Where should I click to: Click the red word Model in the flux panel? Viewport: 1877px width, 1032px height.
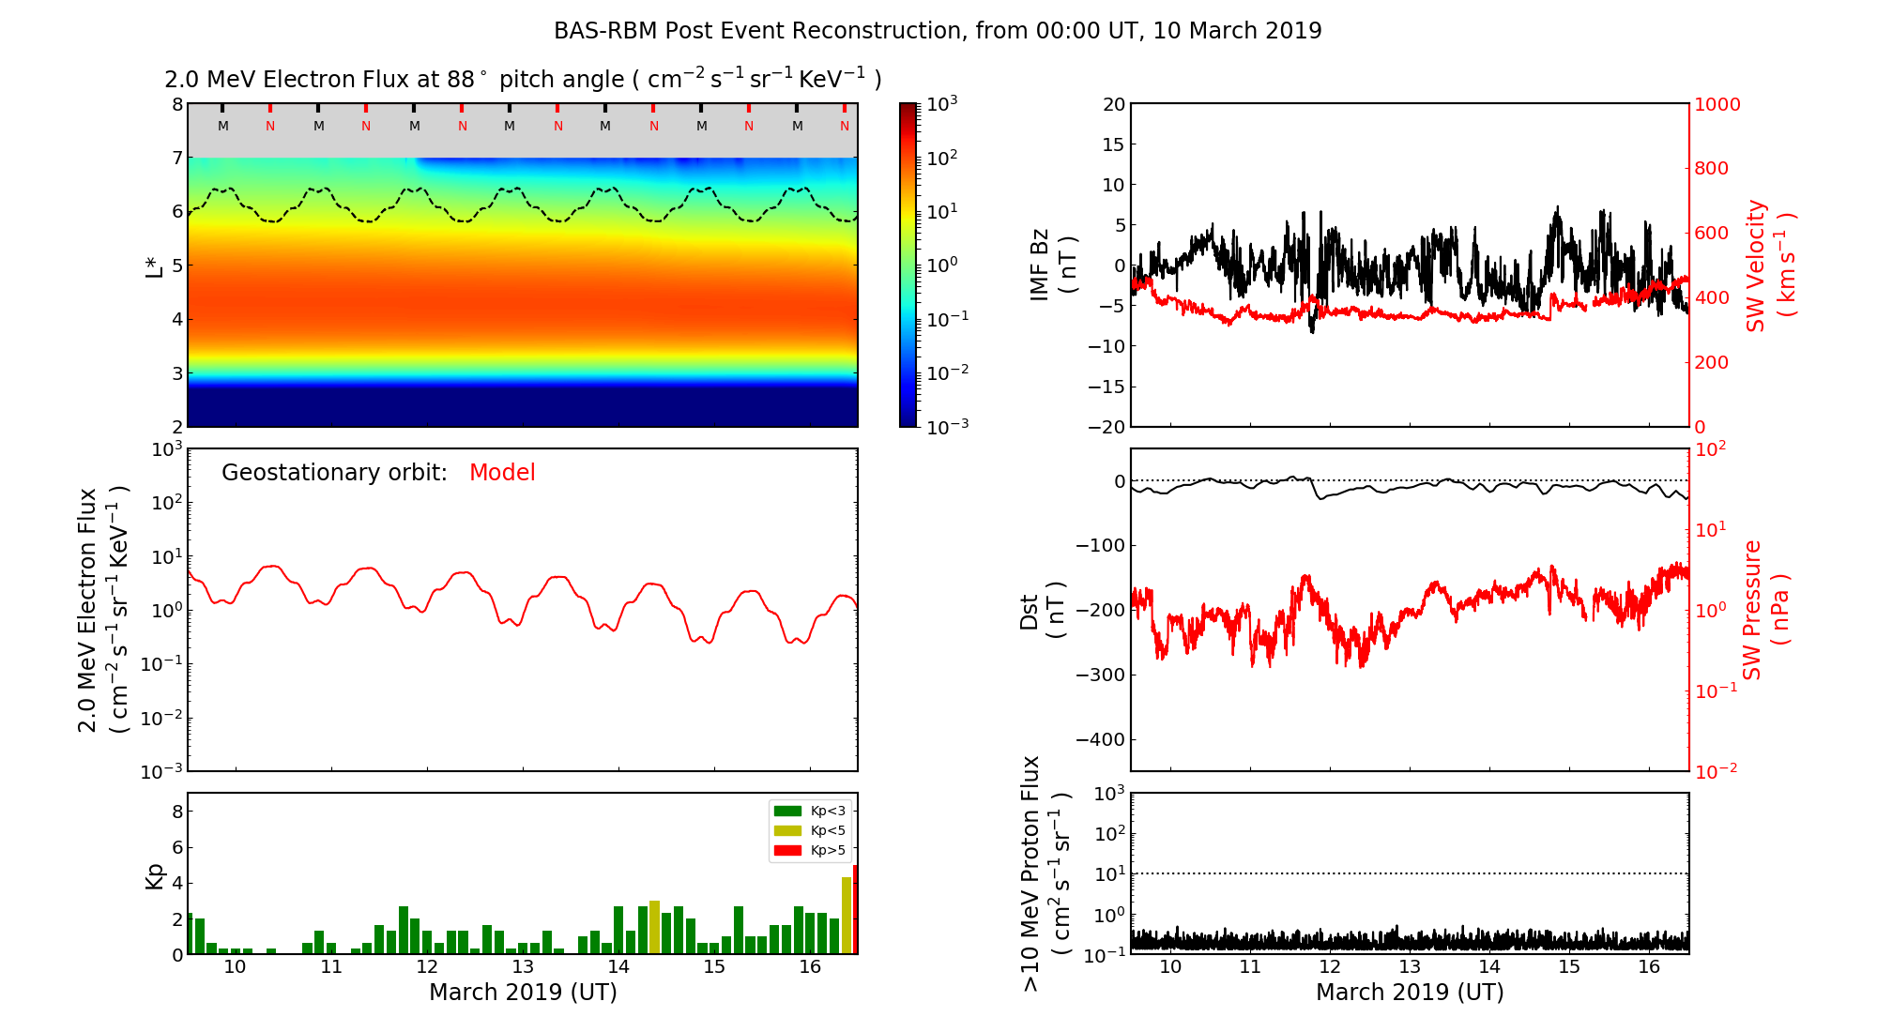(x=502, y=473)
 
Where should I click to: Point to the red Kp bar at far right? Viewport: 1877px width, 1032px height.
(x=855, y=909)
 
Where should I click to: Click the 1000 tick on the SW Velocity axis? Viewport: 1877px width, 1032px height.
(x=1717, y=104)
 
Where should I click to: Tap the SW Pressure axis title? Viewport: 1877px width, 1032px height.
(x=1765, y=610)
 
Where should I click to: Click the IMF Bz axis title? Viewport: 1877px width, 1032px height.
(x=1052, y=265)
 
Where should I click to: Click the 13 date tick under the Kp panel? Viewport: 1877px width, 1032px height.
(x=523, y=967)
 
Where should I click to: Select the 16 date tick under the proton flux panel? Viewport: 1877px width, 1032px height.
(x=1649, y=967)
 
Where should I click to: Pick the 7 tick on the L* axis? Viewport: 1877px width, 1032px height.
(x=176, y=158)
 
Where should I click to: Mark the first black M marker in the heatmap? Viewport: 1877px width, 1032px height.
(x=223, y=126)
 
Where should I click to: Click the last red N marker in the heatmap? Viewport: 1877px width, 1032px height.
(x=845, y=126)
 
